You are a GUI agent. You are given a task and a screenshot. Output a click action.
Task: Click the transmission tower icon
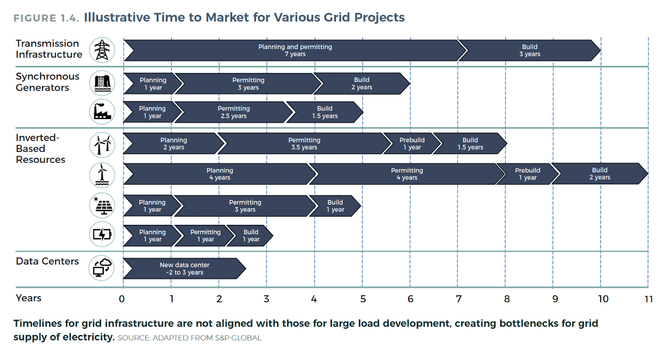[102, 50]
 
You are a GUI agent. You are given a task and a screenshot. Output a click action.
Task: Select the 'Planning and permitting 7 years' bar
[295, 50]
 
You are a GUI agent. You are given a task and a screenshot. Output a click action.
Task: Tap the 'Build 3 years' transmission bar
[529, 50]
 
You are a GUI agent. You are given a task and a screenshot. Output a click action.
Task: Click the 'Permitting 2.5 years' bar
[233, 112]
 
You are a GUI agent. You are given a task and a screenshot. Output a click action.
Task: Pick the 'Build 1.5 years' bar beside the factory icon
[325, 112]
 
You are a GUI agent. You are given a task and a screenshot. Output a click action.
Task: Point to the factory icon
[102, 112]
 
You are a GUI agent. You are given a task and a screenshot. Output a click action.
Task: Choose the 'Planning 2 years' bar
[173, 143]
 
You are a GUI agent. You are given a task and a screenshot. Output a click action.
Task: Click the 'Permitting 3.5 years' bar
[304, 143]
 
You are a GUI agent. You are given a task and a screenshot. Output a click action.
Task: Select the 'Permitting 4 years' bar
[406, 174]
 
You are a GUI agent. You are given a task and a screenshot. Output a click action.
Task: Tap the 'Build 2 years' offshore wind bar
[599, 174]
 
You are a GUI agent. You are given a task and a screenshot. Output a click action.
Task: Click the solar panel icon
[102, 205]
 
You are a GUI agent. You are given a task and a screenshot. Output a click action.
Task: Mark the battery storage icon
[102, 234]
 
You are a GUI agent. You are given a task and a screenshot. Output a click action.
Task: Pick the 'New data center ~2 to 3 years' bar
[184, 269]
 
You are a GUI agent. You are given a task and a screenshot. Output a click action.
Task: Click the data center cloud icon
[102, 268]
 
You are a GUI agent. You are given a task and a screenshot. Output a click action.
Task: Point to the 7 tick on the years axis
[459, 299]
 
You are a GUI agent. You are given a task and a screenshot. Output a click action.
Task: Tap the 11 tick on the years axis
[649, 299]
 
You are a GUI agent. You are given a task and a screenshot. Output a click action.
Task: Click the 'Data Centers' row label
[47, 261]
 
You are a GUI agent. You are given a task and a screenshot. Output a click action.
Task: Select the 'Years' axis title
[28, 298]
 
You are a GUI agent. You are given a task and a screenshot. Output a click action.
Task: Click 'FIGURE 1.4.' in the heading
[46, 18]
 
